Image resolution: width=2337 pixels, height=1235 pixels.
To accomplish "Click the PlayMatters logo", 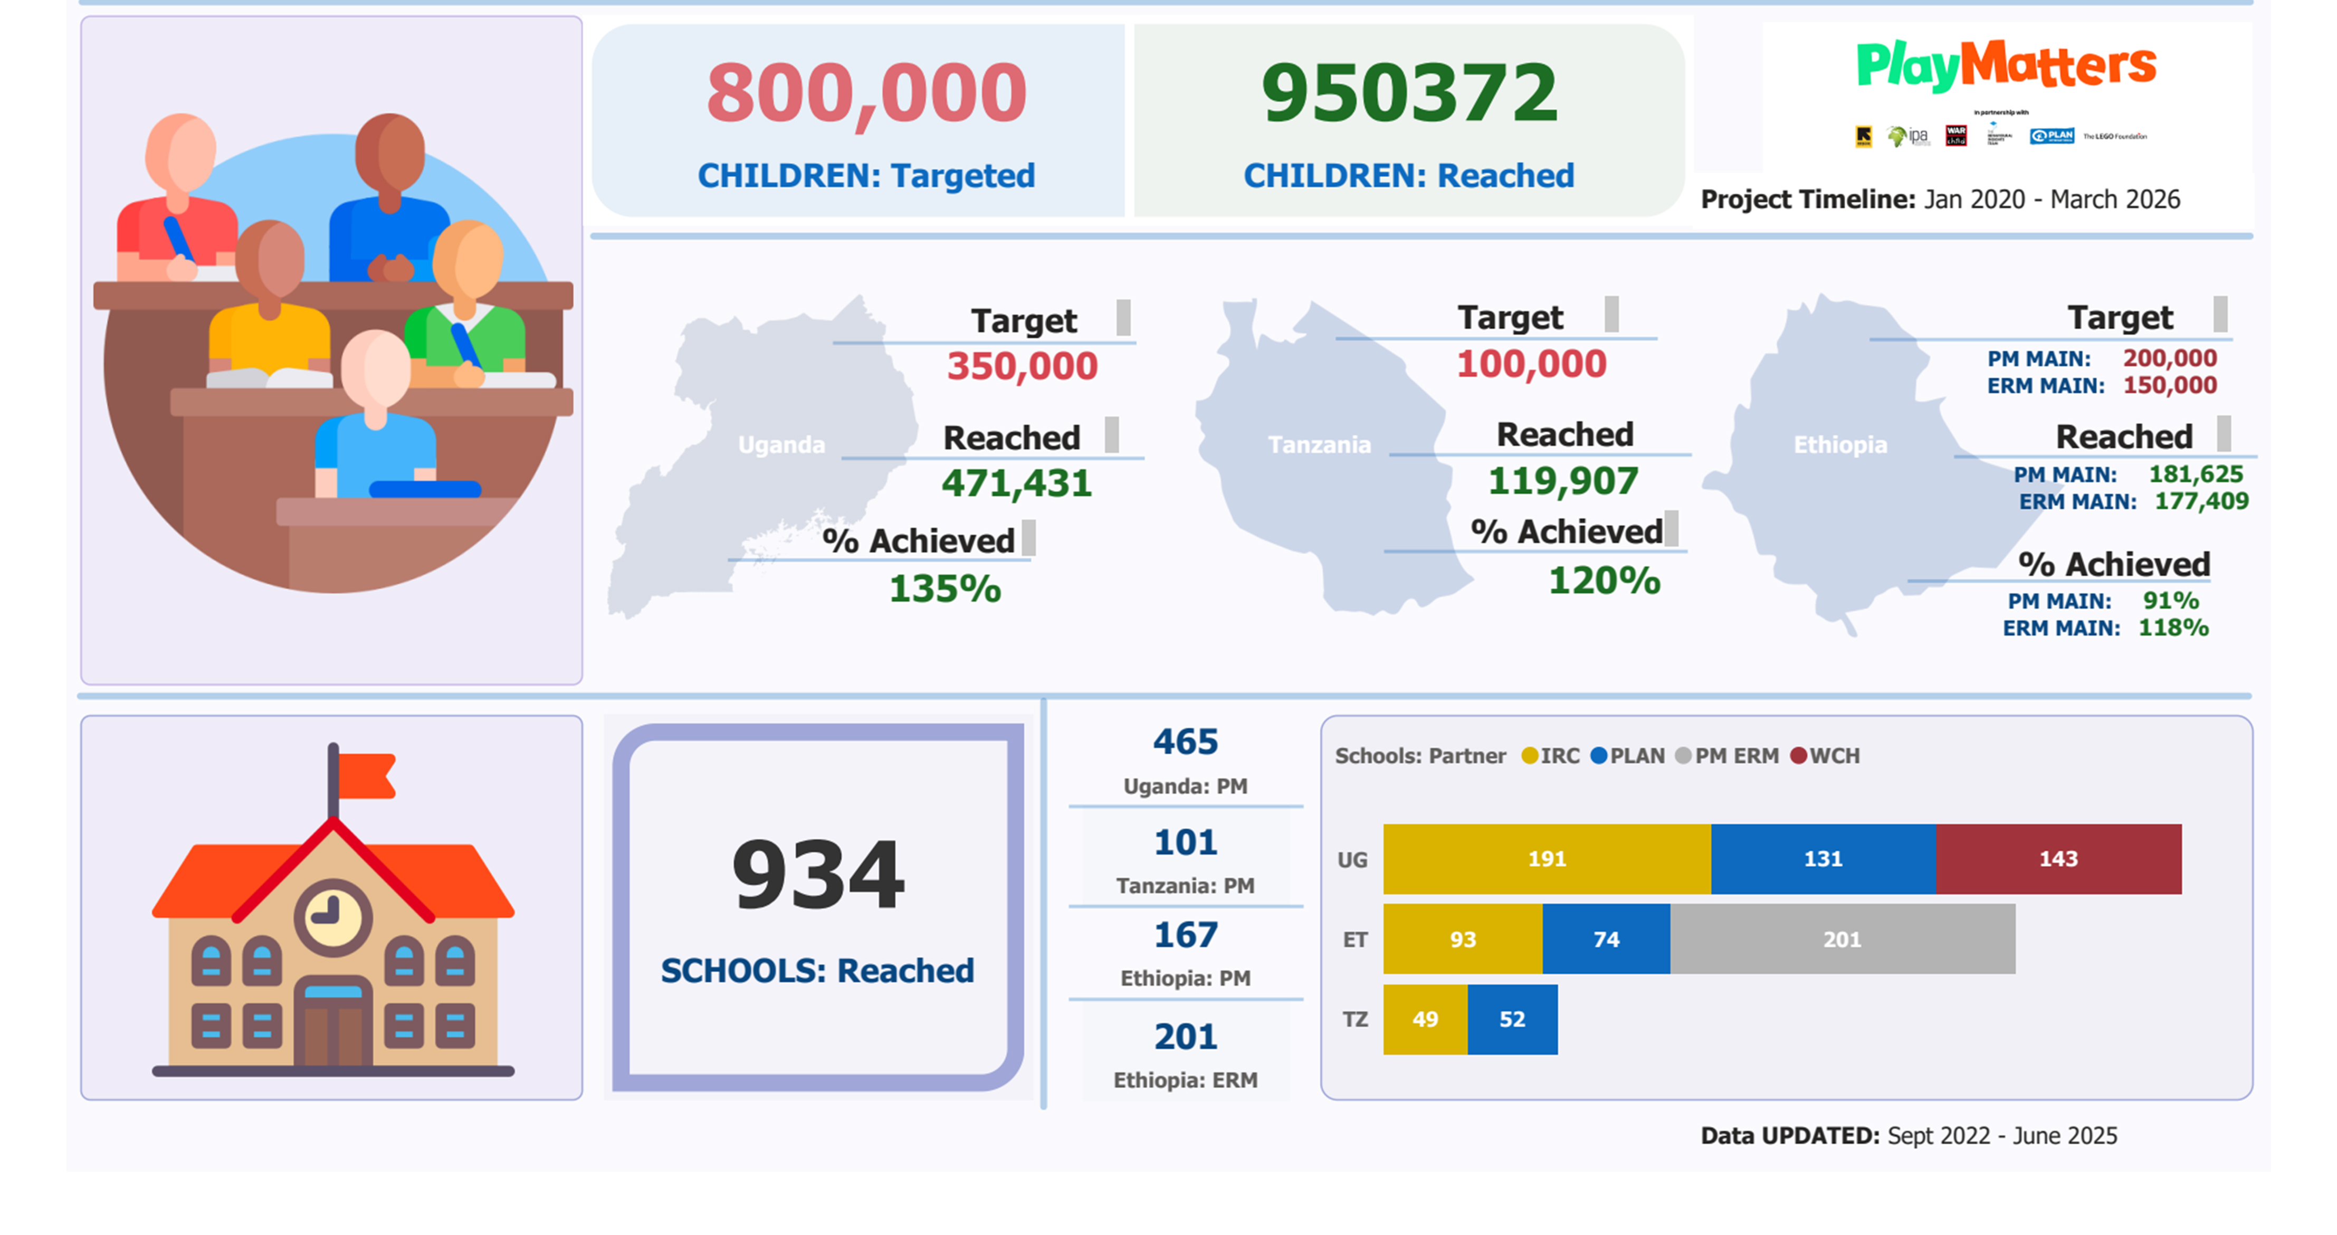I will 2006,65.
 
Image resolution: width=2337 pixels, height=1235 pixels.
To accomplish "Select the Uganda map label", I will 781,444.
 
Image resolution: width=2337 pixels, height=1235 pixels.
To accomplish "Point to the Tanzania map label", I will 1319,444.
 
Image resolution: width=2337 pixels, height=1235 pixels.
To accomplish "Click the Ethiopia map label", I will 1840,444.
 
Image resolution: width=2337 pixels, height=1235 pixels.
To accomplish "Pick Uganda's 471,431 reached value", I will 1016,483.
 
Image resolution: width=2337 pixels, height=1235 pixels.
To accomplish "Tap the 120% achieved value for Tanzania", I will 1604,581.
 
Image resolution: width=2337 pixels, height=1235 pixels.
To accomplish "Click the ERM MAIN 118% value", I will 2173,628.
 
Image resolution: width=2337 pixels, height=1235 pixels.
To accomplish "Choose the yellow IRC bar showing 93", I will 1463,939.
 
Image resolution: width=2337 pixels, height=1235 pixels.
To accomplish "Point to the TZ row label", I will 1354,1019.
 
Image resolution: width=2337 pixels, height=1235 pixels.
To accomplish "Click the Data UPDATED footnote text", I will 1908,1136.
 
